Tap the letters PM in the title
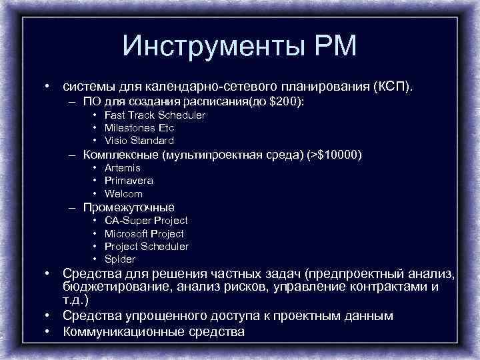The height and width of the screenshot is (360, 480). [335, 47]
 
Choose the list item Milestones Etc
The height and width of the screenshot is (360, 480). [139, 128]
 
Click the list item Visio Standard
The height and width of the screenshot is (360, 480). [139, 141]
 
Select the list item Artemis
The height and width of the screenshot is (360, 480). [122, 168]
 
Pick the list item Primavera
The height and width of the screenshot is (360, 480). [129, 181]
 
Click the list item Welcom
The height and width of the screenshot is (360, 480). [123, 194]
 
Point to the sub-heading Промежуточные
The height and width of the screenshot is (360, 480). [129, 207]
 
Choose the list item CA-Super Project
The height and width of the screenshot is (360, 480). [146, 221]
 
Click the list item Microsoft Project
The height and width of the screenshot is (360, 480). [144, 234]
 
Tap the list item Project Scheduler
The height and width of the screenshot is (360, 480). [146, 247]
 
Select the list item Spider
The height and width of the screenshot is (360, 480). [120, 259]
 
